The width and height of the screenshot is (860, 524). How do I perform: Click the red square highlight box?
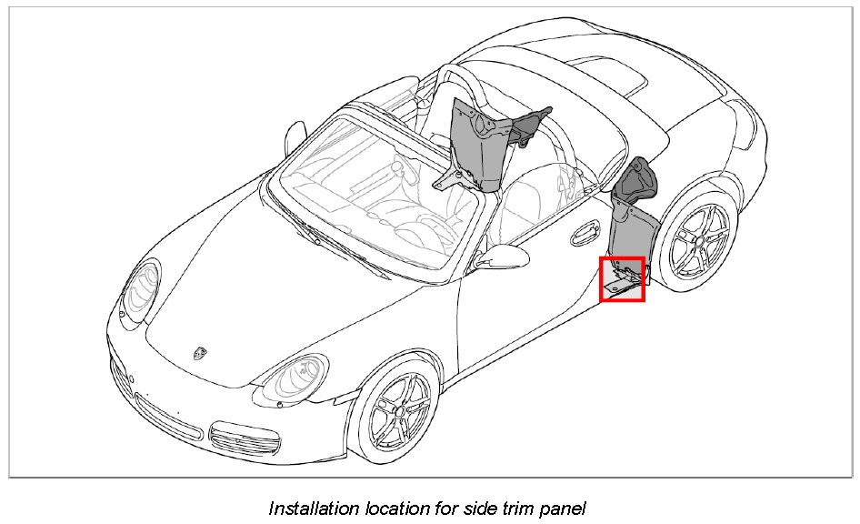click(623, 279)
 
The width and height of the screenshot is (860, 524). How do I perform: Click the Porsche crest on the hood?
click(198, 353)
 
